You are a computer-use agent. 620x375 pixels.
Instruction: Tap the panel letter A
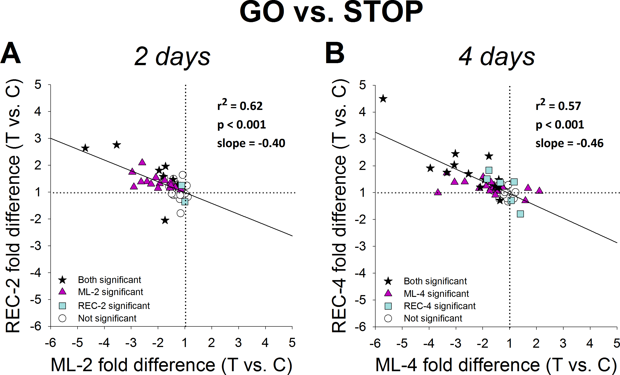10,53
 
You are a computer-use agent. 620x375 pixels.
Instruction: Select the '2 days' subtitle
172,57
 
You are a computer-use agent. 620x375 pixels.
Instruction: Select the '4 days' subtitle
497,57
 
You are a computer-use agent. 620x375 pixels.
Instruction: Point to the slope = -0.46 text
569,143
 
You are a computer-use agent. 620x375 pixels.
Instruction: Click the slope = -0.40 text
251,143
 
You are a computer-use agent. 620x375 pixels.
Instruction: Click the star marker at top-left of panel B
383,99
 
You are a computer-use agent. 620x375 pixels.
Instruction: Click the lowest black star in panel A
165,221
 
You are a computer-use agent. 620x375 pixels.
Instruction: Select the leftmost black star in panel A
85,148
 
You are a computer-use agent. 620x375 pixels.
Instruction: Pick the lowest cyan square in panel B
520,214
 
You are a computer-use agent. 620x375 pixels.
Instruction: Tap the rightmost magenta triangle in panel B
539,191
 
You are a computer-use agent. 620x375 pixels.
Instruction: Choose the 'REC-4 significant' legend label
439,306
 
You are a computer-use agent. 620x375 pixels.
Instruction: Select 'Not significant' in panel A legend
107,318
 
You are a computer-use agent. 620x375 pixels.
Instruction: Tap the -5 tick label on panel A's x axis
77,343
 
